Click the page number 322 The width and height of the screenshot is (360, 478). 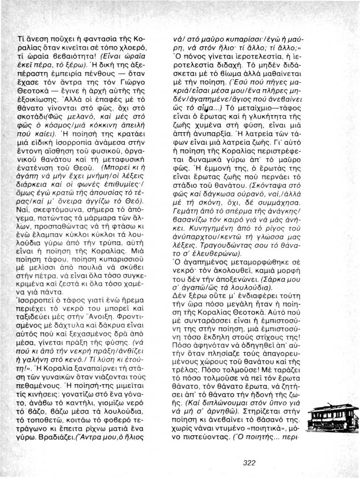tap(250, 463)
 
